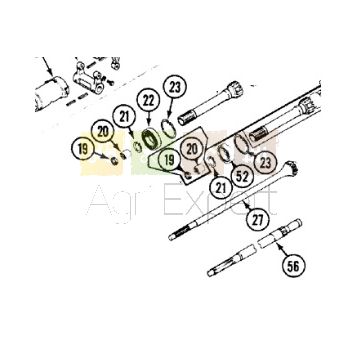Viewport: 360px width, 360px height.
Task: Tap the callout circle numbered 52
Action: pyautogui.click(x=242, y=176)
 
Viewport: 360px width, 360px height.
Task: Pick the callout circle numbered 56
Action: pyautogui.click(x=293, y=266)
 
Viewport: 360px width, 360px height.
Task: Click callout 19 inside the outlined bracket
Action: pyautogui.click(x=170, y=160)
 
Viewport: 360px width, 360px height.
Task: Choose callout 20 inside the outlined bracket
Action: pyautogui.click(x=192, y=149)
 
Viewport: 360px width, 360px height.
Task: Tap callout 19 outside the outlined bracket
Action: pyautogui.click(x=82, y=149)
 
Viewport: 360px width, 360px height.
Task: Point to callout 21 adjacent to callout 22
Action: pyautogui.click(x=124, y=117)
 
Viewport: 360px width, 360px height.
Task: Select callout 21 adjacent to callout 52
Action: pyautogui.click(x=220, y=188)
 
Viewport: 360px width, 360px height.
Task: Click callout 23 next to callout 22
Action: pyautogui.click(x=175, y=86)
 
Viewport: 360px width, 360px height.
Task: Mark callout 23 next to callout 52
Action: pyautogui.click(x=266, y=163)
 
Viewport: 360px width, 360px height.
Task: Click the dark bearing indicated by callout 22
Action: pyautogui.click(x=151, y=138)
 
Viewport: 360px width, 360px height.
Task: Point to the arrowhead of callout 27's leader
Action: pyautogui.click(x=245, y=203)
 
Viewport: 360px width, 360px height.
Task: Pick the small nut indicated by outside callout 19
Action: pyautogui.click(x=114, y=161)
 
